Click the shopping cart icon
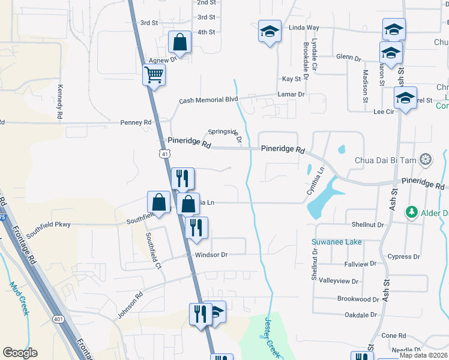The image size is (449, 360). click(154, 76)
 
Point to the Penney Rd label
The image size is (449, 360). click(139, 122)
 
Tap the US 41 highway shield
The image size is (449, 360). click(164, 154)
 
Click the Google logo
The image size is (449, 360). click(20, 353)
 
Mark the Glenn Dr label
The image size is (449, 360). click(348, 58)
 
